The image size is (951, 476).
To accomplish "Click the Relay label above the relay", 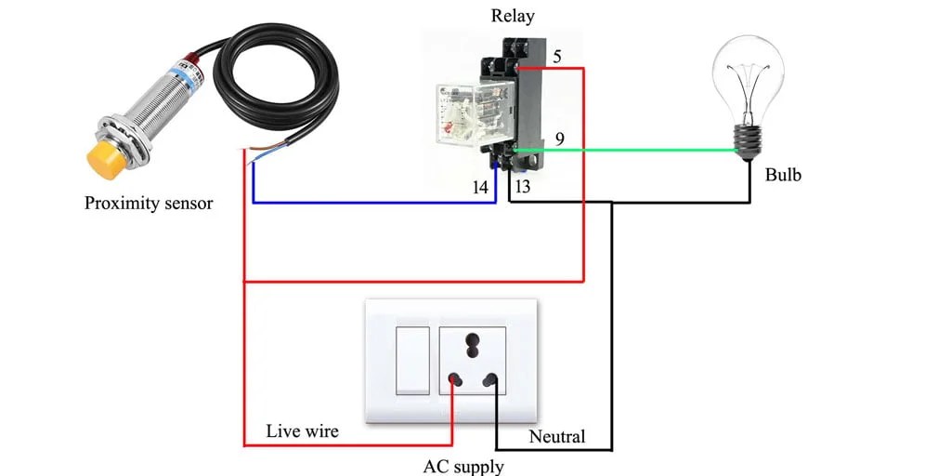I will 513,16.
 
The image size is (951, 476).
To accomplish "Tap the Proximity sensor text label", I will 149,203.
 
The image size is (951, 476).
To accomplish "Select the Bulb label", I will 783,175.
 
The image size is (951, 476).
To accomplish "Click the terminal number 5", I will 557,57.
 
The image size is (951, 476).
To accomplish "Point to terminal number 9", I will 560,139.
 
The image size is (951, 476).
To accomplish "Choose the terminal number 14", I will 480,187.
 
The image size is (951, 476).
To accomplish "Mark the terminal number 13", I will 523,187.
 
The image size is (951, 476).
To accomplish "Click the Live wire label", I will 302,430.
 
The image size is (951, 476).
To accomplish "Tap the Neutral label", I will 557,436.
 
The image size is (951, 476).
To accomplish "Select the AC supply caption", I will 463,466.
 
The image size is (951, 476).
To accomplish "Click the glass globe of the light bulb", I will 747,74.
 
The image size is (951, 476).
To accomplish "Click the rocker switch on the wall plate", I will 412,360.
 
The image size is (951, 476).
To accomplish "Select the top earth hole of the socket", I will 472,339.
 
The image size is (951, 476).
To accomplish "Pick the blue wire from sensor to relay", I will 371,202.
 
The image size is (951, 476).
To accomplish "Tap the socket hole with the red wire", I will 455,380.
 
